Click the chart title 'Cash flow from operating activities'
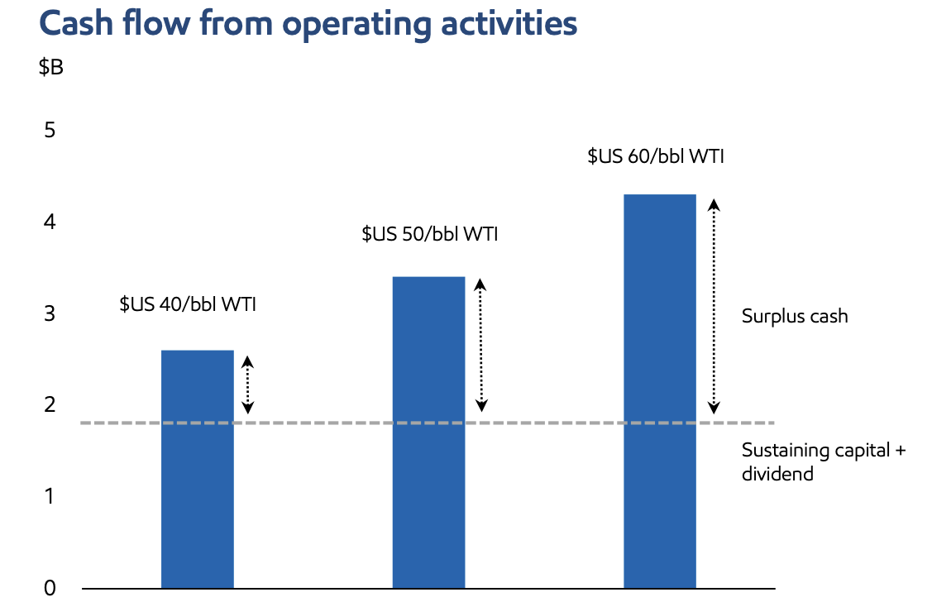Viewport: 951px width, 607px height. [308, 25]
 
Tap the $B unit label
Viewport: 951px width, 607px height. [50, 68]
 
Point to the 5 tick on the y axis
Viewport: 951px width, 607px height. [50, 131]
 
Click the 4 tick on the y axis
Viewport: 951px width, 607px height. [50, 222]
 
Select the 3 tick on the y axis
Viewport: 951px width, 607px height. [50, 314]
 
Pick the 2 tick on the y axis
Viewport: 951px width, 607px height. [50, 405]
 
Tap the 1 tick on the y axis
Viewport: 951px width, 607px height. [50, 497]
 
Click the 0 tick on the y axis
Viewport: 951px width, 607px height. [50, 588]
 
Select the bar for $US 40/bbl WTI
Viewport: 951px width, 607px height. [197, 469]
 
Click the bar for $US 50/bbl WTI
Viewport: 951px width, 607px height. [428, 433]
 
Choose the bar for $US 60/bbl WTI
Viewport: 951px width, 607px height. [659, 391]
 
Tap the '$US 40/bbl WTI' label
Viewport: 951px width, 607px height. [188, 304]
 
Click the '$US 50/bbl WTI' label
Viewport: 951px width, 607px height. [429, 234]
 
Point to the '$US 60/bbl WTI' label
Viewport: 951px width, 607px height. [656, 156]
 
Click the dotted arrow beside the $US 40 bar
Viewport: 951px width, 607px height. [246, 385]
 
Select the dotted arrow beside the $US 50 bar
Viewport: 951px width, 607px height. [481, 345]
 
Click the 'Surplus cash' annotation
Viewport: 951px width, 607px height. [795, 317]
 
